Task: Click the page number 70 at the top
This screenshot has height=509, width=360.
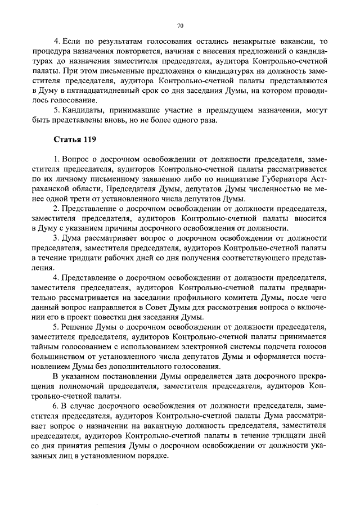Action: click(x=180, y=25)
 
